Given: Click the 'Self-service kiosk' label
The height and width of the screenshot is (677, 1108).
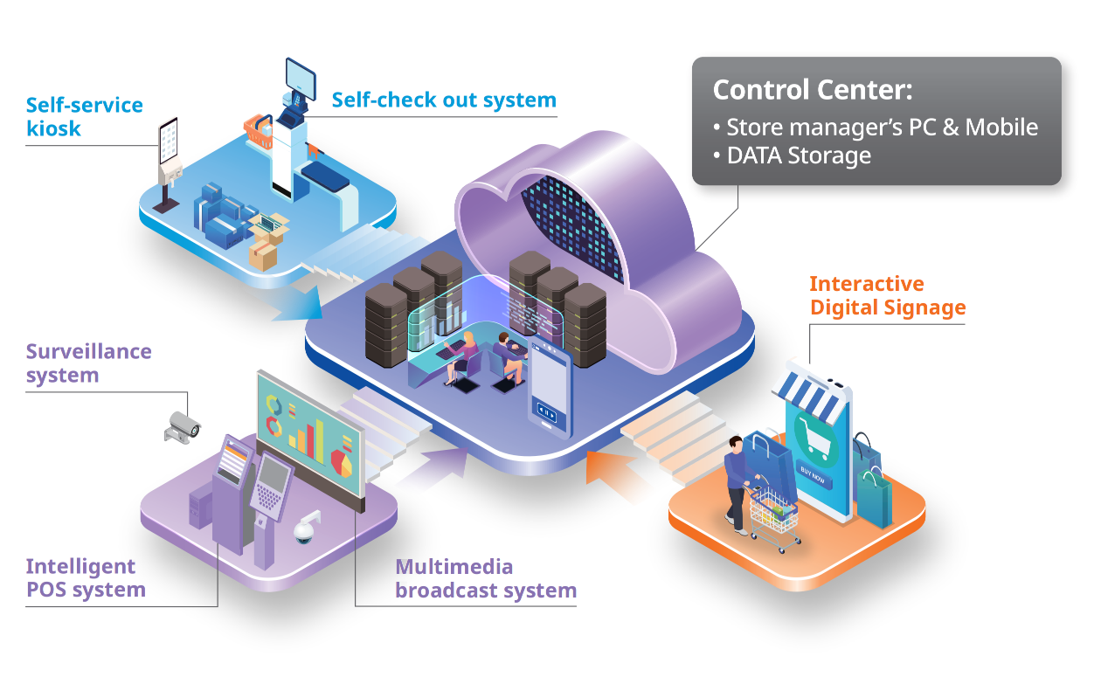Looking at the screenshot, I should (x=84, y=117).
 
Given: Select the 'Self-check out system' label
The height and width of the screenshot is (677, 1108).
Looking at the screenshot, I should (x=444, y=100).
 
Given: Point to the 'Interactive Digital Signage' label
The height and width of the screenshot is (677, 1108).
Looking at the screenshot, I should (x=887, y=295).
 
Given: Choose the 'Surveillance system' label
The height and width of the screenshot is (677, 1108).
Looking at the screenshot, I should (x=88, y=363).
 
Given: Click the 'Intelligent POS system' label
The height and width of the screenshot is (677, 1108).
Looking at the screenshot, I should (x=85, y=577).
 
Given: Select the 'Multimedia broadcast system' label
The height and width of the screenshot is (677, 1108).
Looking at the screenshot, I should (x=485, y=578).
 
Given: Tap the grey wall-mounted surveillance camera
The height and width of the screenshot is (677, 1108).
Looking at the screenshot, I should (x=183, y=425).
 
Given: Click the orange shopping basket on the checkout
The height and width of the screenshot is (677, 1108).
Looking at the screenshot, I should (x=260, y=131).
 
